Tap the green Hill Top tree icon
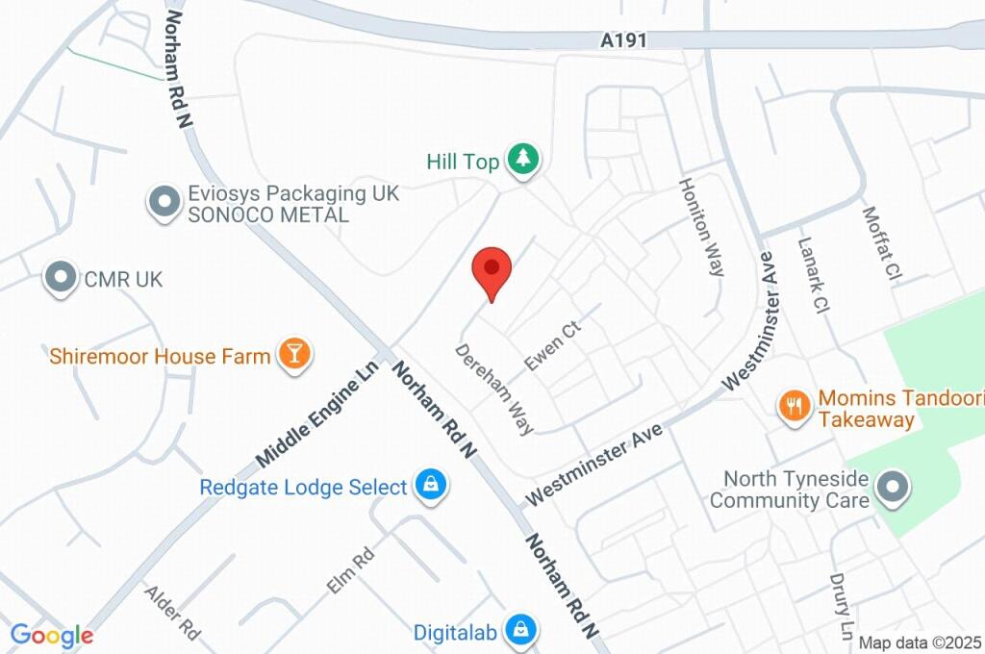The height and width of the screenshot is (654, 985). [523, 160]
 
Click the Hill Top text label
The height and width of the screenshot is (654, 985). [463, 162]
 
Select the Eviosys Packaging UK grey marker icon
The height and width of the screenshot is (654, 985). [164, 202]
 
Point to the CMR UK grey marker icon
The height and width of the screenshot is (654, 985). [62, 279]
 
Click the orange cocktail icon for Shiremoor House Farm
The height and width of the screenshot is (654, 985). [293, 355]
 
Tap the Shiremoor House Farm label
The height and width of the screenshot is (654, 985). [160, 357]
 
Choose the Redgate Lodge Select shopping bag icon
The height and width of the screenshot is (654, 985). [429, 487]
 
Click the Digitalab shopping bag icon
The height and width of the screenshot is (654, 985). [519, 631]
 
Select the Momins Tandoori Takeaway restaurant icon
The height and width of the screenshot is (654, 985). [794, 406]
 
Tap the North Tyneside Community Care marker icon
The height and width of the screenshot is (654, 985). [894, 489]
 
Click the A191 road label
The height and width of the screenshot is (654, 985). [623, 40]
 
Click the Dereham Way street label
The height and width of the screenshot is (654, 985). [494, 390]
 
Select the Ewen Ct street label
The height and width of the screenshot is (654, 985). [553, 346]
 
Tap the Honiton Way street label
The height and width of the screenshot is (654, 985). [701, 227]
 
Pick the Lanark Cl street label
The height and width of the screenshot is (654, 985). [813, 277]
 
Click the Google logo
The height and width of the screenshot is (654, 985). [52, 635]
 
